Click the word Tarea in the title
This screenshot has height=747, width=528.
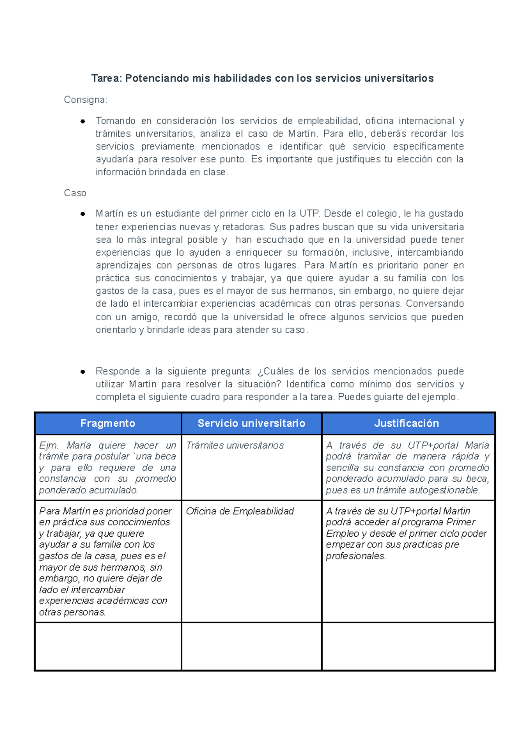pyautogui.click(x=106, y=78)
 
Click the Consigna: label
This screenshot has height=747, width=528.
pyautogui.click(x=85, y=100)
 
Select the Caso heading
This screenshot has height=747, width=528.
pyautogui.click(x=75, y=193)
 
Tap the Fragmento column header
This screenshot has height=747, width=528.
pyautogui.click(x=108, y=423)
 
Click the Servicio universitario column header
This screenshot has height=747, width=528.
pyautogui.click(x=251, y=423)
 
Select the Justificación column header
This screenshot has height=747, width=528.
pyautogui.click(x=407, y=423)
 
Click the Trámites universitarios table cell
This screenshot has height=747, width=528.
pyautogui.click(x=235, y=445)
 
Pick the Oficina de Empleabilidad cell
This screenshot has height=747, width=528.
pyautogui.click(x=240, y=511)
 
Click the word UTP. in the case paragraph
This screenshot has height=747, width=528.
pyautogui.click(x=310, y=214)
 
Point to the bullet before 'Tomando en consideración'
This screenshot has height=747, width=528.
pyautogui.click(x=82, y=121)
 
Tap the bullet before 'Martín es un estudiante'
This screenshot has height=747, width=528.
pyautogui.click(x=82, y=214)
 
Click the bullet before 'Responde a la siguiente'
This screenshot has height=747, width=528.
pyautogui.click(x=82, y=372)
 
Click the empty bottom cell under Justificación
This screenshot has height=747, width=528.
pyautogui.click(x=408, y=646)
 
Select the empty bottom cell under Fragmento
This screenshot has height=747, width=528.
pyautogui.click(x=108, y=646)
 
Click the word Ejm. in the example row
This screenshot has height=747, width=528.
pyautogui.click(x=48, y=445)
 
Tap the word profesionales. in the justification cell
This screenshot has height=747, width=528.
pyautogui.click(x=356, y=556)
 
